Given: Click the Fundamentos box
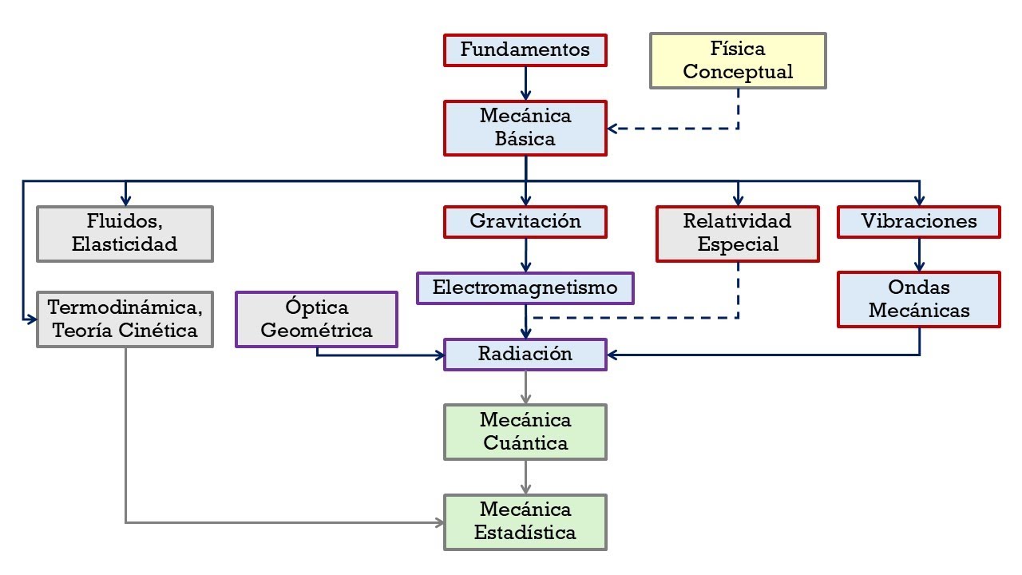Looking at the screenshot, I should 525,50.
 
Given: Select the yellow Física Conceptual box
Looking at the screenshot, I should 738,61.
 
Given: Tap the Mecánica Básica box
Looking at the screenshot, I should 525,128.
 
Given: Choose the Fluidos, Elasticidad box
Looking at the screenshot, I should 125,234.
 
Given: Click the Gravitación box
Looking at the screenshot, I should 525,222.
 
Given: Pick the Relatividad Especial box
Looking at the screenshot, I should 738,234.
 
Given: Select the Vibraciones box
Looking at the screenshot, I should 919,222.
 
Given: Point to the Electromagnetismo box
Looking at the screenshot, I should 525,288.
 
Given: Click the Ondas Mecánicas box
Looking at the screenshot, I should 919,299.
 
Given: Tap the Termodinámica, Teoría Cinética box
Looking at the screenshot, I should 125,319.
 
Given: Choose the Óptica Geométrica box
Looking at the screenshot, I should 317,319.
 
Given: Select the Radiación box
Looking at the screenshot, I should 525,355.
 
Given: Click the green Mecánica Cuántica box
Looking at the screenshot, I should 525,432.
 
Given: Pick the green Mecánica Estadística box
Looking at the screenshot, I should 525,522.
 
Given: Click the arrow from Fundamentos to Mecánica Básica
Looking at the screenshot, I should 525,82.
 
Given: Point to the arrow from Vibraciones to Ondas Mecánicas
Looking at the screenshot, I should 919,255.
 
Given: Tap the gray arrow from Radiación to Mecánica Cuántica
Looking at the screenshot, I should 525,387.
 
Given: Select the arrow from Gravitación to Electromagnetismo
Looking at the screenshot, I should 525,256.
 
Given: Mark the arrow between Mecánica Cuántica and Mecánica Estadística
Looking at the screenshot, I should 525,477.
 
